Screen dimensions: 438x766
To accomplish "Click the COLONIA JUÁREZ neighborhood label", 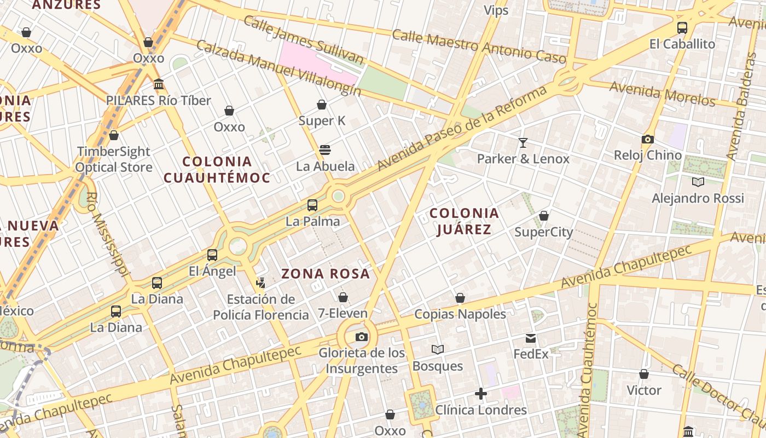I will coord(464,221).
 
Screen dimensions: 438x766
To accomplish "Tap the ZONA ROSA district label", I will coord(326,274).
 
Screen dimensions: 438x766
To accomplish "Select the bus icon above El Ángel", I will coord(212,255).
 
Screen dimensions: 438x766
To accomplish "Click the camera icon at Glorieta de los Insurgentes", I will coord(361,337).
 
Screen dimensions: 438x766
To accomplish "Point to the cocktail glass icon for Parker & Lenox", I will coord(523,143).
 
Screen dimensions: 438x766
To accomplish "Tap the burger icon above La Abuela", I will coord(325,150).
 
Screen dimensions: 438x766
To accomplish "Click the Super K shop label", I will coord(322,120).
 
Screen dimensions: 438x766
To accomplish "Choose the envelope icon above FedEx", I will coord(531,338).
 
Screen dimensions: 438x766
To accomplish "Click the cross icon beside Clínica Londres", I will coord(481,394).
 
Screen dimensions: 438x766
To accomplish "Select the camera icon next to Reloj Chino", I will coord(648,139).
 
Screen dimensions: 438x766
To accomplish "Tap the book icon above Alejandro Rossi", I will coord(698,182).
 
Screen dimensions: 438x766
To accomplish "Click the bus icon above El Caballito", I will coord(682,28).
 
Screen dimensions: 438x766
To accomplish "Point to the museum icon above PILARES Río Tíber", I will coord(159,84).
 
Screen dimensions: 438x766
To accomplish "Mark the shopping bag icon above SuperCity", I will coord(544,216).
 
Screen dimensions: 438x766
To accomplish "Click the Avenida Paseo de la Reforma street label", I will coord(462,127).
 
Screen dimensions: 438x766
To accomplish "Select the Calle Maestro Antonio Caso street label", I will coord(479,45).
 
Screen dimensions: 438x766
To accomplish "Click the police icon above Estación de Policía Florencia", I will coord(260,283).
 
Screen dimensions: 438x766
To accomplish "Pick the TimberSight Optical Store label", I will coord(113,159).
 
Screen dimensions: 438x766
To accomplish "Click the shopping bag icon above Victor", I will coord(644,374).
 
